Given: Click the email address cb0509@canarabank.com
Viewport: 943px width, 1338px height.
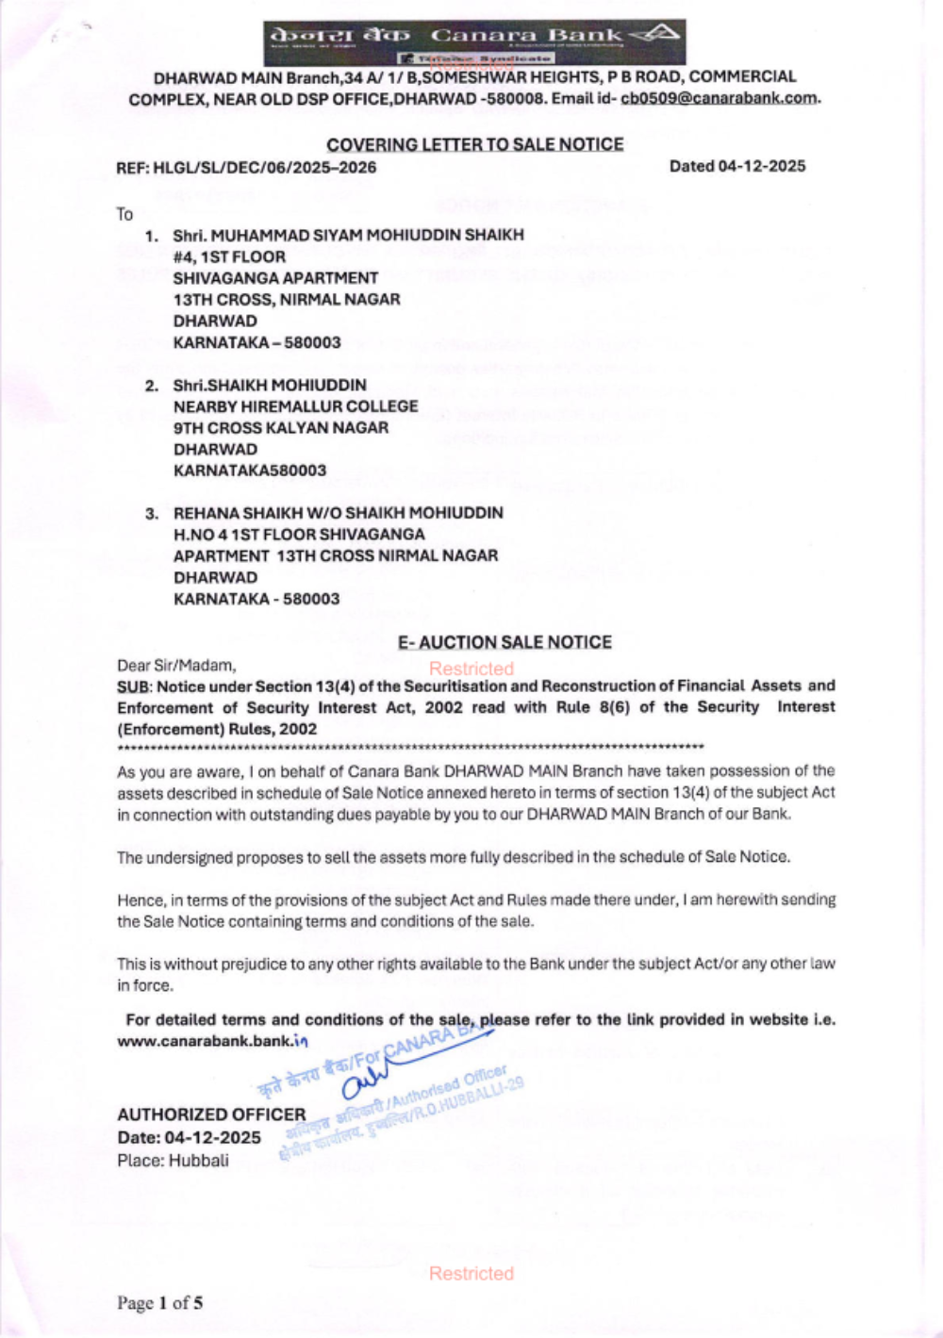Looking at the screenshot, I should (719, 99).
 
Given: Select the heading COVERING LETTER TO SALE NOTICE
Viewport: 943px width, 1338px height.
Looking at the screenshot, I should (474, 144).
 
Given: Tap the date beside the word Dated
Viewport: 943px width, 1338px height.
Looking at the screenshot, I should (762, 166).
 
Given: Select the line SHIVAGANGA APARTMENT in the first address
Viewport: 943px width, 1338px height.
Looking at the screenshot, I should (275, 278).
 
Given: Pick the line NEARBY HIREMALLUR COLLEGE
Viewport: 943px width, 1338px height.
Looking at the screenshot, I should (295, 406).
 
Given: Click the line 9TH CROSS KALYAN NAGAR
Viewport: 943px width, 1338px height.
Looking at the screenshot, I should (281, 428).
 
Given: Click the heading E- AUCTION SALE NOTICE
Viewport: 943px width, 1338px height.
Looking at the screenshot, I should (505, 642).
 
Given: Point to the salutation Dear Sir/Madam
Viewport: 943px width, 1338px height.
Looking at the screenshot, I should (176, 666).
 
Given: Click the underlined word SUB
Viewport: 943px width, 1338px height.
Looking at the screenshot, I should (132, 686).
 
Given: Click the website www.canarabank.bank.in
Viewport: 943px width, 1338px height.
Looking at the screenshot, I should (212, 1042).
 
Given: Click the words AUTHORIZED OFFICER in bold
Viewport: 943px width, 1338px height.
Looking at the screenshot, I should (211, 1115).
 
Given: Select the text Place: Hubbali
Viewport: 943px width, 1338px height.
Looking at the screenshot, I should (173, 1161).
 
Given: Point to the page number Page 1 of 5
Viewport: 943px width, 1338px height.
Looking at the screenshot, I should (159, 1303).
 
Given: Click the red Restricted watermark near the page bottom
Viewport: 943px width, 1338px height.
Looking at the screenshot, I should (471, 1274).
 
